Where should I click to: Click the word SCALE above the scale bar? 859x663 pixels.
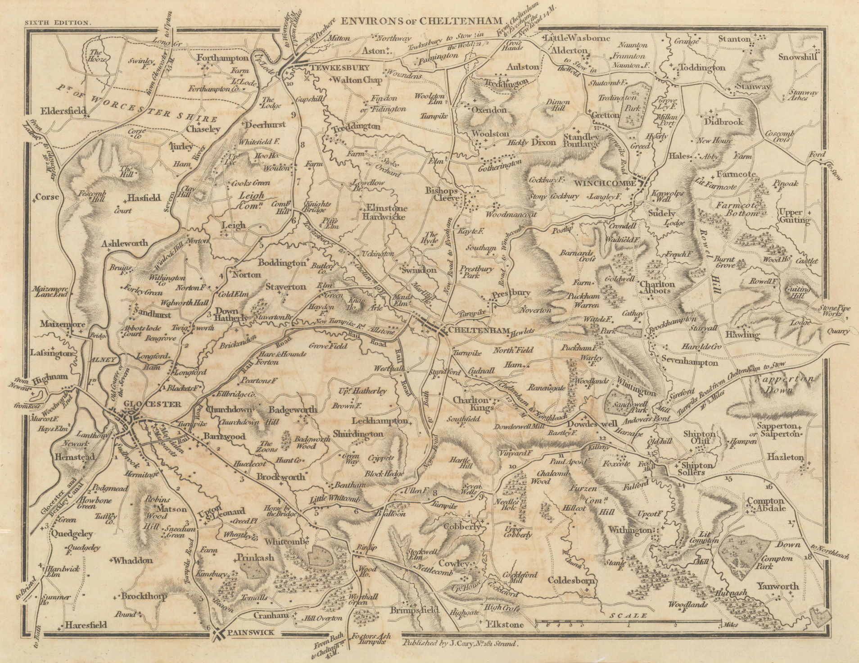(x=626, y=615)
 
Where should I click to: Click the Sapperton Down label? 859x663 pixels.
(x=785, y=385)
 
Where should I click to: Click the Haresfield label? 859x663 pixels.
(x=86, y=625)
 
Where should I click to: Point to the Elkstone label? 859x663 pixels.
(x=504, y=625)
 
